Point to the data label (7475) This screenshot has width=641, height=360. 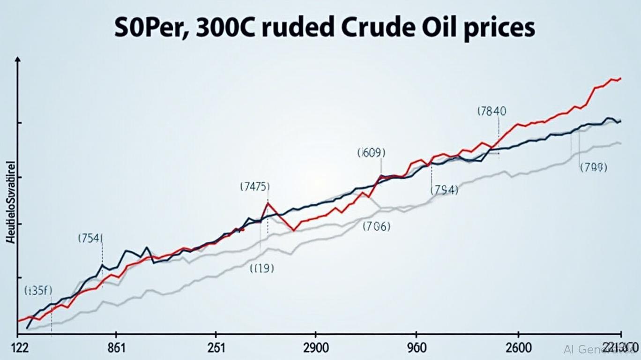(254, 186)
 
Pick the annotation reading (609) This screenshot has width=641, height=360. (371, 152)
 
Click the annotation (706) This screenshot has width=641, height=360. (377, 227)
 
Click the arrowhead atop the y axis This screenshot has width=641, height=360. (18, 60)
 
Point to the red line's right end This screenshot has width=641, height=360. (620, 79)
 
